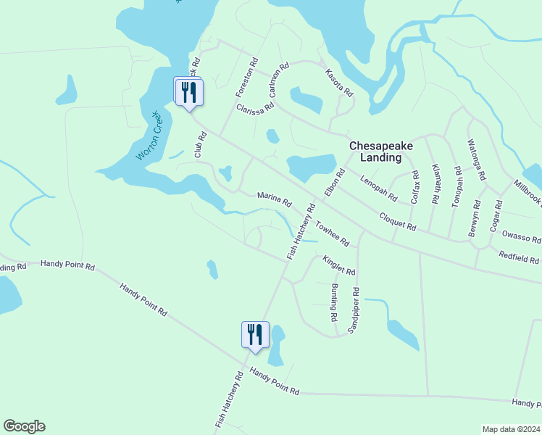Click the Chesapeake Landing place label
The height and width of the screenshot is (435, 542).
[x=381, y=151]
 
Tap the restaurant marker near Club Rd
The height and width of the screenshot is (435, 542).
[x=188, y=92]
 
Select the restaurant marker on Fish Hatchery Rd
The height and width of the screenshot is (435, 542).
[x=255, y=335]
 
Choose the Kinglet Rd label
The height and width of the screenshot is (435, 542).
[x=338, y=265]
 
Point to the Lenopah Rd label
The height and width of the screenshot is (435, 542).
[x=378, y=187]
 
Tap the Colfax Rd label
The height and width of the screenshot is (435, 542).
[x=415, y=187]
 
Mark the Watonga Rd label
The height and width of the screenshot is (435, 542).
[x=478, y=159]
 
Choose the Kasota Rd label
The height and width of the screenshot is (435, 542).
[x=338, y=83]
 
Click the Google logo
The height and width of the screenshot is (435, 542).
[x=24, y=426]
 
